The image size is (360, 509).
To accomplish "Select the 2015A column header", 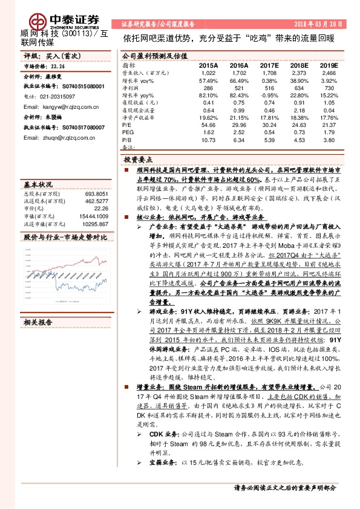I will (208, 65).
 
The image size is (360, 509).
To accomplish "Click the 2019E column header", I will (329, 65).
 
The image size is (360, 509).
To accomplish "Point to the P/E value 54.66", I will (208, 124).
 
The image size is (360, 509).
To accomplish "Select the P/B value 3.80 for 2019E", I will (329, 139).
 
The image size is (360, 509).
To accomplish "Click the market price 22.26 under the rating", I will (57, 66).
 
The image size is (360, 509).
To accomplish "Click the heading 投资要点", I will (137, 158).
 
